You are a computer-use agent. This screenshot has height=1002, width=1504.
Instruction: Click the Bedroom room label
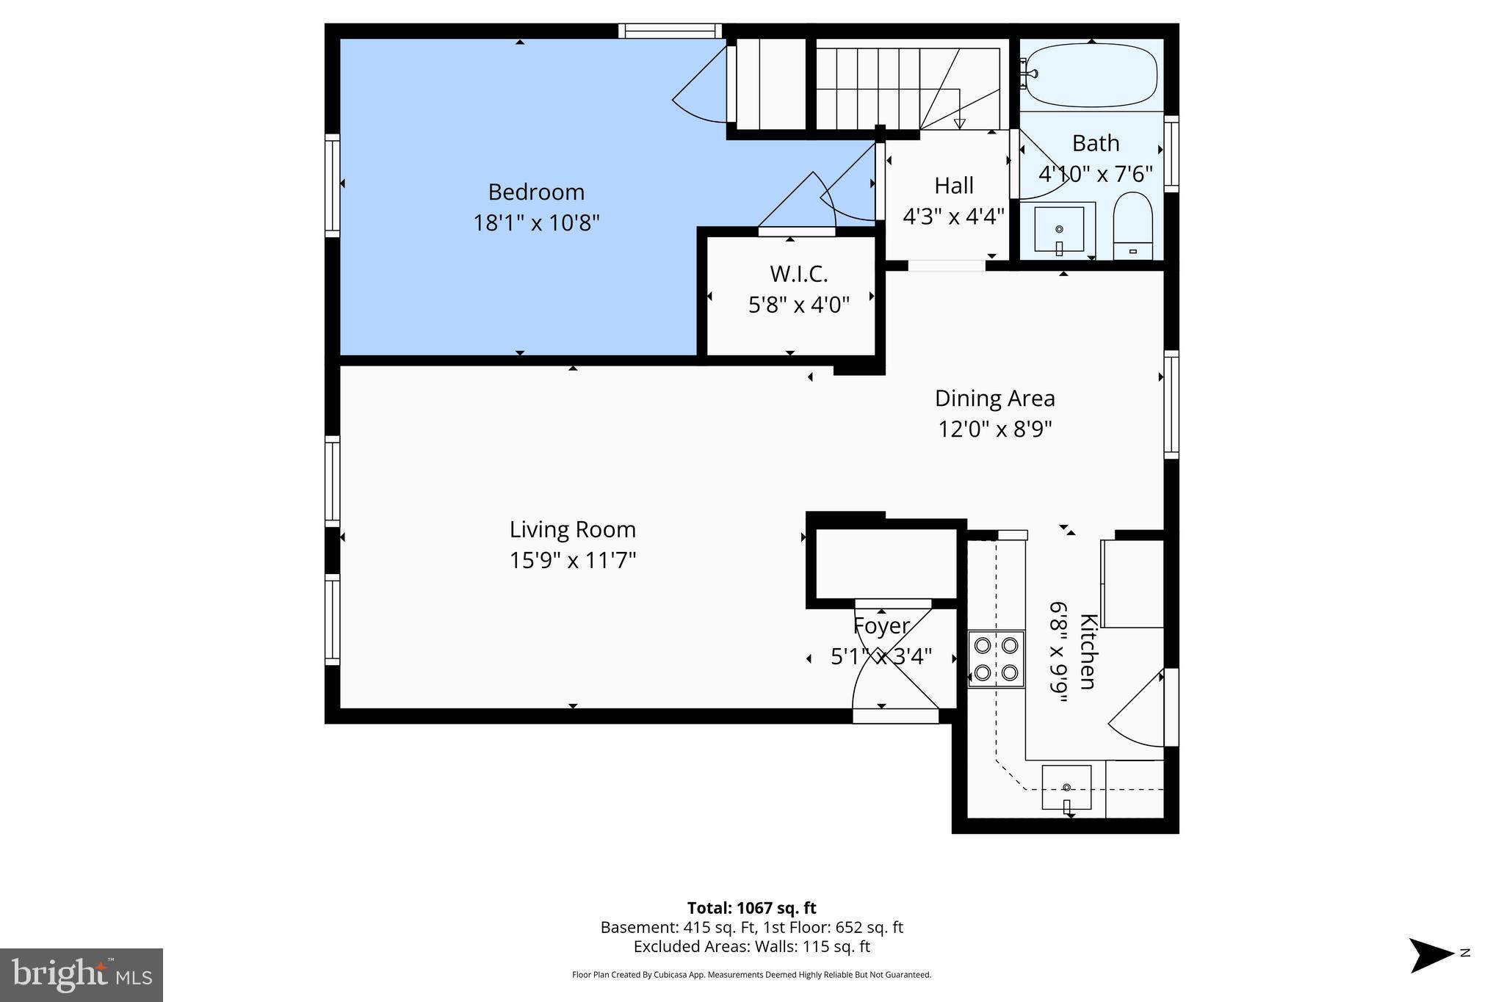[x=536, y=192]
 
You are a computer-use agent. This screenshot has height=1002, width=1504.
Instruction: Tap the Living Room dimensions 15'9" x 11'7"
[x=572, y=561]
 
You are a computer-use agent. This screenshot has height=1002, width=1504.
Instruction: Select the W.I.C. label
[x=798, y=275]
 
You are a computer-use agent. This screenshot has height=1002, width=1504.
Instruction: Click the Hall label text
[x=953, y=186]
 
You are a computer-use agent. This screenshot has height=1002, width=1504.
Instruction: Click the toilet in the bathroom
[x=1132, y=223]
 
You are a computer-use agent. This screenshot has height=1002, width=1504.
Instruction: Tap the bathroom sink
[x=1058, y=230]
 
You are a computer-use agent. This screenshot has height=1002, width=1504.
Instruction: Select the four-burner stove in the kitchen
[x=996, y=658]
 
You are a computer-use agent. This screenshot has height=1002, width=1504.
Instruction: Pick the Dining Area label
[x=994, y=399]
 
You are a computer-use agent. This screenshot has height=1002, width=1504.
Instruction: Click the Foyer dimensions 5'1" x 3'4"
[x=881, y=656]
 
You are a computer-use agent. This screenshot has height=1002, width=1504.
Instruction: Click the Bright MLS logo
[x=82, y=975]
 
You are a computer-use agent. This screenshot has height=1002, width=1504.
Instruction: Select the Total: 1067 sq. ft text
[x=751, y=908]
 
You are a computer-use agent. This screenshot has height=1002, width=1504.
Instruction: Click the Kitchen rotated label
[x=1088, y=652]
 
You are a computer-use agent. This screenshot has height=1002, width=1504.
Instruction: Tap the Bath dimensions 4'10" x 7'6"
[x=1095, y=175]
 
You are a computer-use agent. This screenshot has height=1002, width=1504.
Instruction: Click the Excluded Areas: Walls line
[x=751, y=947]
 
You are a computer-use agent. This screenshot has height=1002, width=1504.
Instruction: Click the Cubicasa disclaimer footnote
[x=751, y=975]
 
